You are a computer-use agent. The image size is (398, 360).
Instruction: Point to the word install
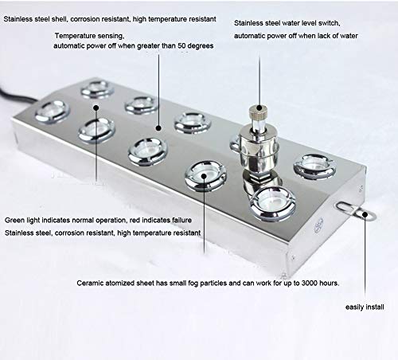pyautogui.click(x=376, y=305)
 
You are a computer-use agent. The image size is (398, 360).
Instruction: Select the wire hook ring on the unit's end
pyautogui.click(x=365, y=213)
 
